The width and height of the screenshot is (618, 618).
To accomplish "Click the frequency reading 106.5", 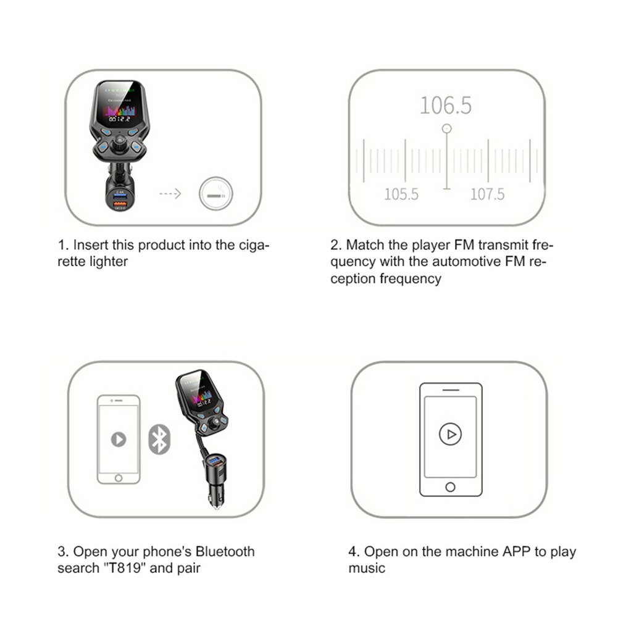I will point(445,106).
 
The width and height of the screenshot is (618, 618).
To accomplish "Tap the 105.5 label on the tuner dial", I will point(401,194).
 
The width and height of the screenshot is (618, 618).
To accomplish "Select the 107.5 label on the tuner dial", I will point(487,194).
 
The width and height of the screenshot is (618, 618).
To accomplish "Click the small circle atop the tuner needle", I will point(446,128).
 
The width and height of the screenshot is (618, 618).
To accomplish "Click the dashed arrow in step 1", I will point(170,194).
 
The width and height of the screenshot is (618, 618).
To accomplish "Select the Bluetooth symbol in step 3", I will point(159,440).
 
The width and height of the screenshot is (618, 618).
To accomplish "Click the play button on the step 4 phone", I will point(450,435).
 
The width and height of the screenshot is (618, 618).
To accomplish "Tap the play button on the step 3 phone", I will point(118,439).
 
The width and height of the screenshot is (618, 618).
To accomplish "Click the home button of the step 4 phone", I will point(450,487).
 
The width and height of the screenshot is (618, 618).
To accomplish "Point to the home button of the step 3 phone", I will point(118,478).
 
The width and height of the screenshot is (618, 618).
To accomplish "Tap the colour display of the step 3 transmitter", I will point(199,396).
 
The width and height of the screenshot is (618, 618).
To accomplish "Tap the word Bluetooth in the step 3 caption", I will point(222,551).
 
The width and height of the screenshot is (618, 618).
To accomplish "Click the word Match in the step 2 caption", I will point(366,245).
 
